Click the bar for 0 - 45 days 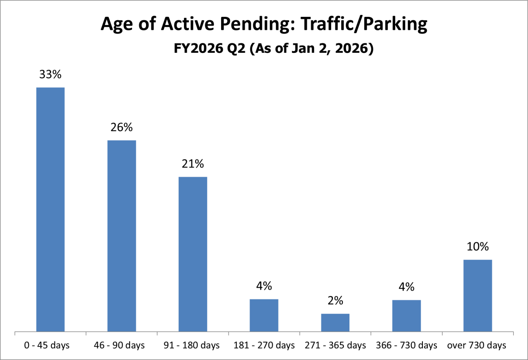[x=50, y=209]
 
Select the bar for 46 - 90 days [x=122, y=236]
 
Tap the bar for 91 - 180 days [x=193, y=254]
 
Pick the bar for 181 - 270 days [x=264, y=315]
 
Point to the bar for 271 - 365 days [x=335, y=322]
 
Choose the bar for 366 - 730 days [x=406, y=315]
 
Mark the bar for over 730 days [x=478, y=295]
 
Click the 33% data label [x=50, y=75]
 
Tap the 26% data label [x=122, y=128]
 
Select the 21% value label [x=193, y=164]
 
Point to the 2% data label [x=335, y=301]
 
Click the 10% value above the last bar [x=478, y=247]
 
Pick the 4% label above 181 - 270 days [x=264, y=286]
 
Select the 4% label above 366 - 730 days [x=406, y=287]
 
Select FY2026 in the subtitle [x=191, y=49]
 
